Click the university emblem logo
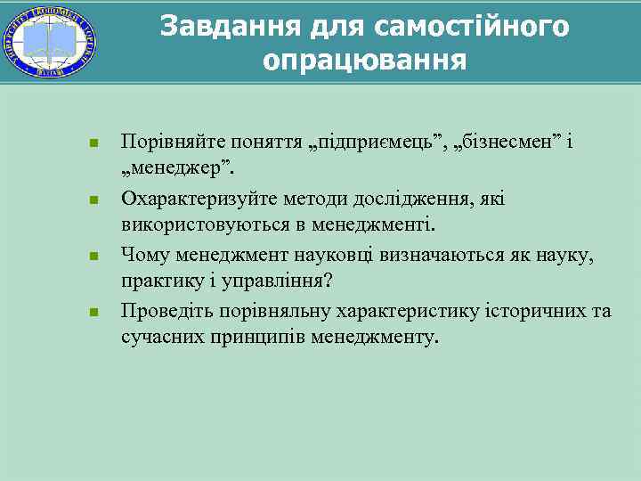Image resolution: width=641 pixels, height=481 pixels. click(x=50, y=41)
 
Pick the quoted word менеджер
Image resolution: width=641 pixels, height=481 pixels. click(x=176, y=167)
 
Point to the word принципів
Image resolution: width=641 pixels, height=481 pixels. click(x=257, y=338)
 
